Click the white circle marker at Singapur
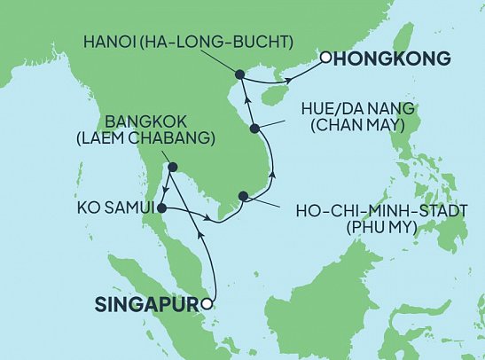click(206, 304)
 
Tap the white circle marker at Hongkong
click(325, 59)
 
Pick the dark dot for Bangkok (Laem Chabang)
click(173, 167)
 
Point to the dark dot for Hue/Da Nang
click(255, 129)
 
